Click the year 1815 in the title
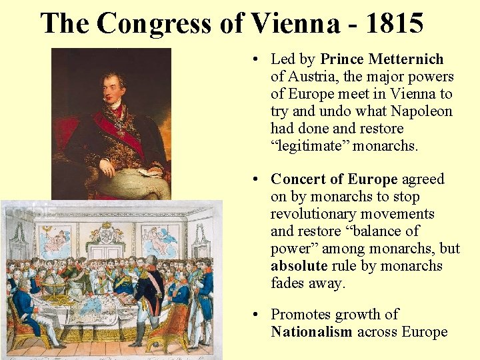pos(394,24)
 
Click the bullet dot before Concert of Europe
pos(257,180)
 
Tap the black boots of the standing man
pos(149,333)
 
